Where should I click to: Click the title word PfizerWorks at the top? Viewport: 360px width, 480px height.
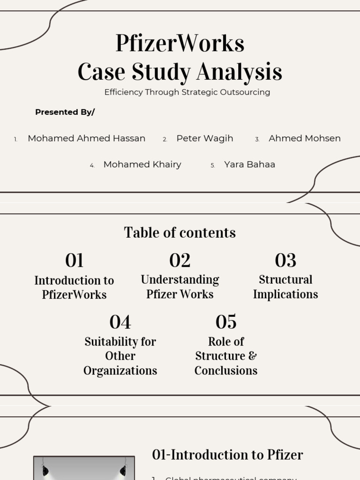(x=180, y=44)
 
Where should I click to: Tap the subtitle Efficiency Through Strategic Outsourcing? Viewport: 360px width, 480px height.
(x=187, y=92)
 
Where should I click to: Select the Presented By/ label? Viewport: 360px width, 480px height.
(x=65, y=112)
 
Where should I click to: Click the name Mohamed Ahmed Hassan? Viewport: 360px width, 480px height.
(x=86, y=138)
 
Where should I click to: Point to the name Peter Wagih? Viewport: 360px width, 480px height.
(x=204, y=138)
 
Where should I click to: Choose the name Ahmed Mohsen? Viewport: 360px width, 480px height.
(x=304, y=138)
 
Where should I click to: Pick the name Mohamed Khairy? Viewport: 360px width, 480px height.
(x=142, y=165)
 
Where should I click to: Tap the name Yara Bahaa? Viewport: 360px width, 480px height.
(x=249, y=165)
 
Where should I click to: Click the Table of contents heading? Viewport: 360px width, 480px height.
(x=180, y=232)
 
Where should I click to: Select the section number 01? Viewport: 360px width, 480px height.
(x=74, y=261)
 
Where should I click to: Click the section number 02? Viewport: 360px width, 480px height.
(x=180, y=261)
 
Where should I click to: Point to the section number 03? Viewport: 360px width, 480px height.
(x=285, y=261)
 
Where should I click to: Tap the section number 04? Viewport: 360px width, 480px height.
(x=120, y=322)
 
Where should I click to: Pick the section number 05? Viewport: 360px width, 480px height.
(x=226, y=322)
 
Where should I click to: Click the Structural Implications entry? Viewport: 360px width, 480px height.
(x=285, y=287)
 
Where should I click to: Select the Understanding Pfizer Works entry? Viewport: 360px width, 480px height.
(x=180, y=287)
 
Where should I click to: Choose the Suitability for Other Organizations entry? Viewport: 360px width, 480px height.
(x=120, y=356)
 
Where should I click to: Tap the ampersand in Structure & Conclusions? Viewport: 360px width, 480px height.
(x=252, y=356)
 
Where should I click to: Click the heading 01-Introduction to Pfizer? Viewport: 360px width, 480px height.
(x=227, y=455)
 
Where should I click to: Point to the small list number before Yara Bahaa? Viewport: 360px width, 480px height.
(x=212, y=165)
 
